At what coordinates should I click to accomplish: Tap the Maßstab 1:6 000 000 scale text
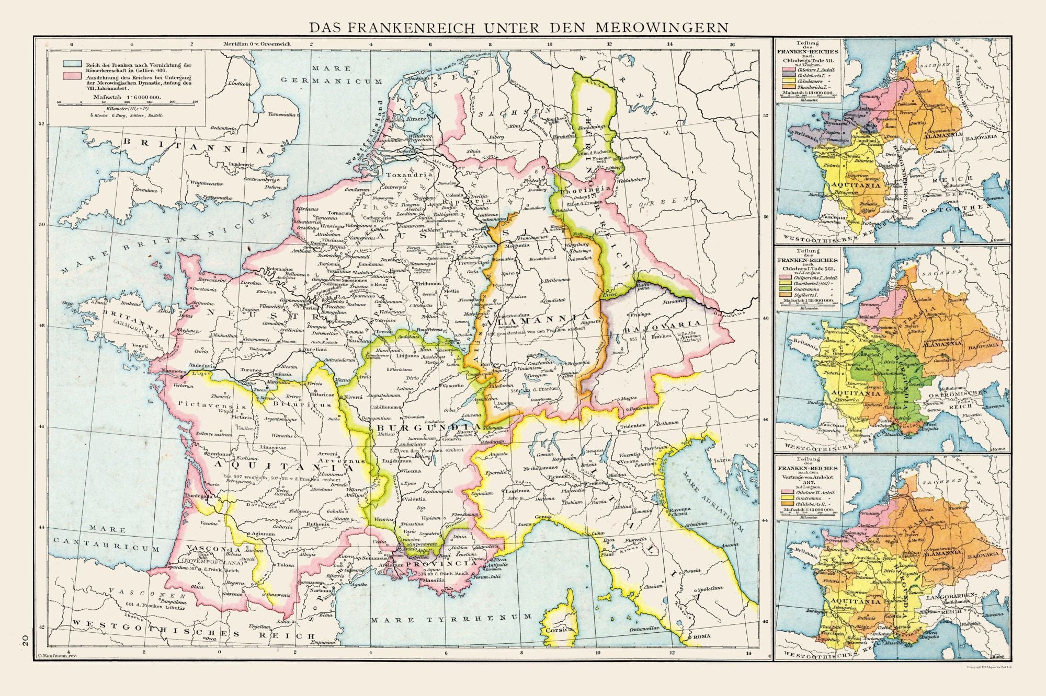123,97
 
